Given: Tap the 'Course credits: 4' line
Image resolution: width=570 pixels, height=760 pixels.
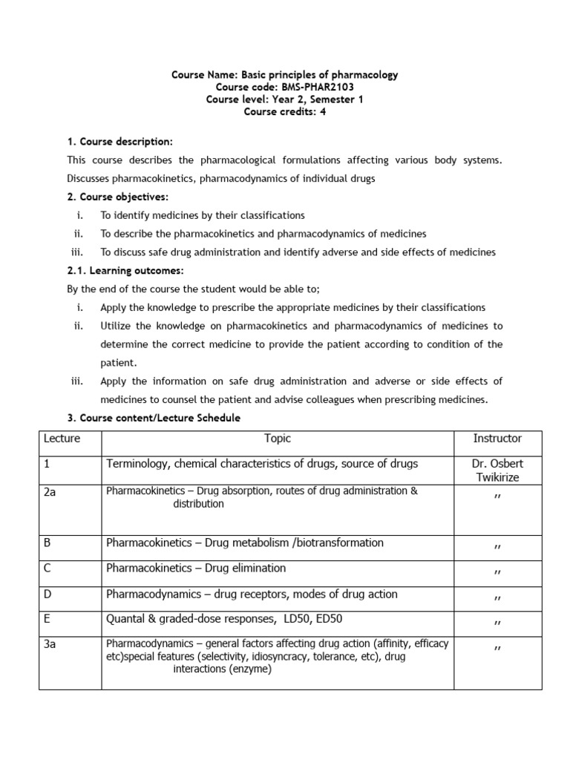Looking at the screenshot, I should click(285, 111).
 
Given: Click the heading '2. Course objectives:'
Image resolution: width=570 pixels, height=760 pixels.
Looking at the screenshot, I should click(118, 197).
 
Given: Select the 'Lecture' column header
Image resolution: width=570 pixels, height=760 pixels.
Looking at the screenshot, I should click(62, 439).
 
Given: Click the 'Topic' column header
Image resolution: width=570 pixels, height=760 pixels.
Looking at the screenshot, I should click(278, 439).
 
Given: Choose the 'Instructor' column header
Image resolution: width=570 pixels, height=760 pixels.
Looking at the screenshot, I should click(497, 439).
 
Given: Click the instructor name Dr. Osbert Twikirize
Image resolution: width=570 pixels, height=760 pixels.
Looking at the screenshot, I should click(497, 471).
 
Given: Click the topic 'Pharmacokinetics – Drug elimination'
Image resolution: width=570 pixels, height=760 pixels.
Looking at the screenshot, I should click(196, 569).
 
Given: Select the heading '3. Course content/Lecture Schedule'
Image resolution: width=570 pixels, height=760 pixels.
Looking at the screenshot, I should click(154, 418).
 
